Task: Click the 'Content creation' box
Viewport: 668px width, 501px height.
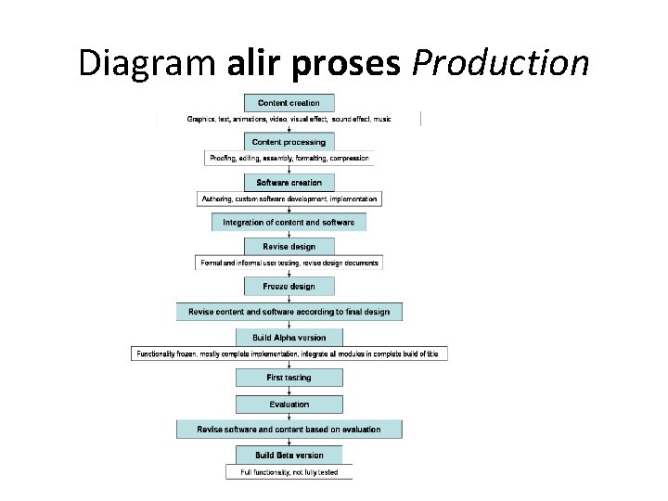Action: [289, 103]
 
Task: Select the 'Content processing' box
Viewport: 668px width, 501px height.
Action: [289, 142]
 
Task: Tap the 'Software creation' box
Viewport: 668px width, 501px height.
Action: [289, 183]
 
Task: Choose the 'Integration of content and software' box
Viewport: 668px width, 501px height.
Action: [289, 223]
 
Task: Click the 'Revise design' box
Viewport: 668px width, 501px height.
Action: [289, 247]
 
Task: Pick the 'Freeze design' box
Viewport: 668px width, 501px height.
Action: [289, 287]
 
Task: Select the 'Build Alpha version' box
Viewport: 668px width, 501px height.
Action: [289, 338]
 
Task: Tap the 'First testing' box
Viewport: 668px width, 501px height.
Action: [289, 378]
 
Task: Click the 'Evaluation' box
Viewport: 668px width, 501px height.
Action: [289, 405]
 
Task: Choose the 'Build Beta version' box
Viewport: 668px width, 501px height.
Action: [289, 456]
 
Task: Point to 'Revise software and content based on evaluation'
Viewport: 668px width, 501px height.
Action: [289, 430]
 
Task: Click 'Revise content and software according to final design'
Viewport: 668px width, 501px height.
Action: [289, 312]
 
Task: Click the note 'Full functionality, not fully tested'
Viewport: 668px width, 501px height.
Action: [289, 472]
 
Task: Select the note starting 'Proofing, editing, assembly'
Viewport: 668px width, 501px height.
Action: [289, 159]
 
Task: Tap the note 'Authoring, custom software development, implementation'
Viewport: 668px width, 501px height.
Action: [289, 199]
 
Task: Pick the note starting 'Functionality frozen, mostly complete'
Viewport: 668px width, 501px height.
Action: [289, 354]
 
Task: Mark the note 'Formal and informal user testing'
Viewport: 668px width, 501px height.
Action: [289, 263]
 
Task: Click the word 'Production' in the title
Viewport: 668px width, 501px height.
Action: [500, 63]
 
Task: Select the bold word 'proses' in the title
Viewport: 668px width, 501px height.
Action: [350, 63]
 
